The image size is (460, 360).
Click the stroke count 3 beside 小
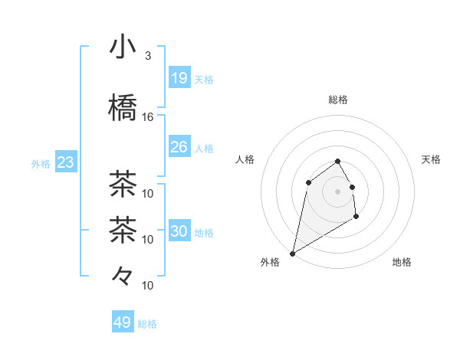(x=147, y=56)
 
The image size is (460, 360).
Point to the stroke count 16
(x=147, y=117)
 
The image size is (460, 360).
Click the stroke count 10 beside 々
(x=148, y=286)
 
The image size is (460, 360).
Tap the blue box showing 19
(x=179, y=78)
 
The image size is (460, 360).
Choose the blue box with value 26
(x=179, y=147)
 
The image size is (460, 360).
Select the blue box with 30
(x=179, y=231)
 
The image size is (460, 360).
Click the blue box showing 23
(x=65, y=163)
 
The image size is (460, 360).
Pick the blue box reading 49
(x=123, y=322)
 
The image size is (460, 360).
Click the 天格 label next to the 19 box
(x=203, y=79)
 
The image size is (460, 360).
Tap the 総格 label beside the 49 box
(x=147, y=324)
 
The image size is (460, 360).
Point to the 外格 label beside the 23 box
(x=41, y=164)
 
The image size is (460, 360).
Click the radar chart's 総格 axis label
(x=338, y=100)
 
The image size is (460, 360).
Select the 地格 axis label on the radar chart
(x=402, y=263)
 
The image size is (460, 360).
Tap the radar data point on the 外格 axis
(x=292, y=254)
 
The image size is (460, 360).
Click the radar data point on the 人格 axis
(x=308, y=182)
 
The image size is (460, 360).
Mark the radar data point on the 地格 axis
(x=356, y=217)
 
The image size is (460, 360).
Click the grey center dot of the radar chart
(x=338, y=191)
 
